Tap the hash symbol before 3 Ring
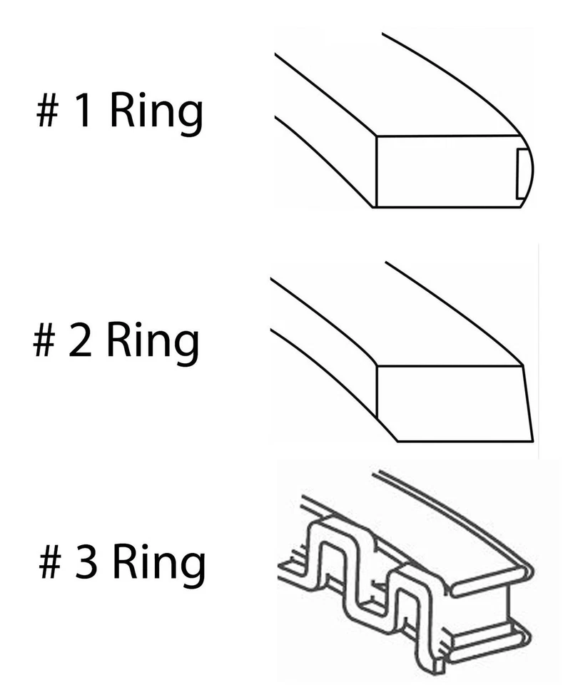[x=50, y=563]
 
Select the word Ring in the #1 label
[x=156, y=114]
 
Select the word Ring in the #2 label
[x=152, y=343]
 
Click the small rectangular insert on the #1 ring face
[x=522, y=172]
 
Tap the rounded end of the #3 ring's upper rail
[x=529, y=570]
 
